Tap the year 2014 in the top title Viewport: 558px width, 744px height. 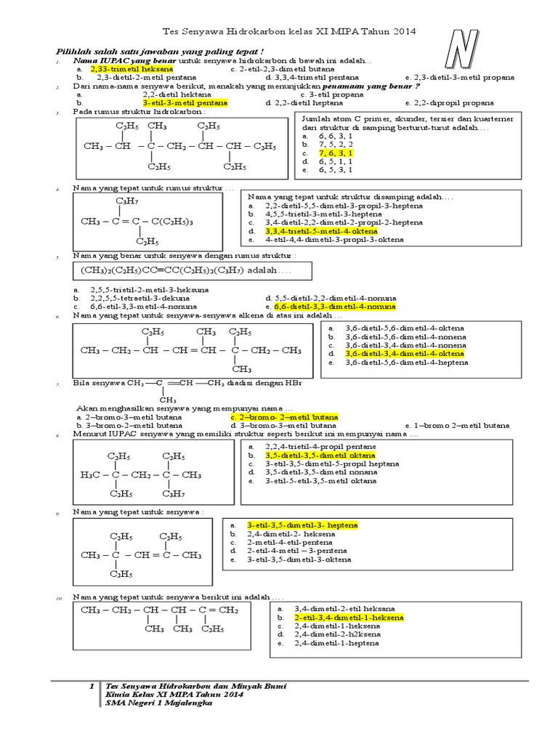pos(397,32)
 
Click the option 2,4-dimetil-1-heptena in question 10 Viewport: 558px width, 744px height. pos(335,643)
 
